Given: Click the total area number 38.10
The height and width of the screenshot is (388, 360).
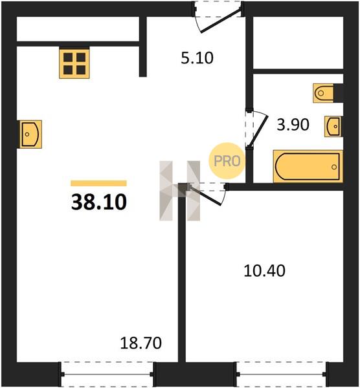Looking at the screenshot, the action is [99, 202].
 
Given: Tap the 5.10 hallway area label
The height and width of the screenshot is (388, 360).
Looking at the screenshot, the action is [197, 58].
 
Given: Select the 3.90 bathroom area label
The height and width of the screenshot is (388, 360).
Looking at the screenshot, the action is [293, 124].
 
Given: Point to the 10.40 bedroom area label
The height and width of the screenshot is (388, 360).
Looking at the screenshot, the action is [264, 270].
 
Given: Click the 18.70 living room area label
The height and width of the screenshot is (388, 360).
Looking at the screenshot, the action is [141, 343].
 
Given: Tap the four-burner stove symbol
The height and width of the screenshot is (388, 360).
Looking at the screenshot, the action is [74, 63].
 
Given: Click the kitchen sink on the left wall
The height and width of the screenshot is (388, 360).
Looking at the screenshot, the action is [30, 135].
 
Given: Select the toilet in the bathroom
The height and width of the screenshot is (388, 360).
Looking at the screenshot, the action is [323, 93].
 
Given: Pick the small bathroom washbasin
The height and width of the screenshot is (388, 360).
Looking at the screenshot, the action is [333, 126].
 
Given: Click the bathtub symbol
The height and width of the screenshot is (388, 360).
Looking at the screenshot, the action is [308, 166].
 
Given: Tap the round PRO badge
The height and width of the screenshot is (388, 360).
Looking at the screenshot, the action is [227, 161].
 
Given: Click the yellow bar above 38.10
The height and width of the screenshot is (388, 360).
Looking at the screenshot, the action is [98, 183].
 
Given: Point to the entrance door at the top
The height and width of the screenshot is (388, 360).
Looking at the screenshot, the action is [218, 17].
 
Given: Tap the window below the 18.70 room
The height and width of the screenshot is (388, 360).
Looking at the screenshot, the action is [107, 374].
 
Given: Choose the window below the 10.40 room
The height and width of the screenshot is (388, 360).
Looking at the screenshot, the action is [281, 374].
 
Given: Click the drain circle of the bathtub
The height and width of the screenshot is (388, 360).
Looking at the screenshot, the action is [334, 167].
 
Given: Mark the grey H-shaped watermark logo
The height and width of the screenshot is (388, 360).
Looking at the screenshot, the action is [179, 191].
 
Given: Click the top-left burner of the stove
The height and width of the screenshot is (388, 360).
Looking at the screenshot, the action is [68, 58].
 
